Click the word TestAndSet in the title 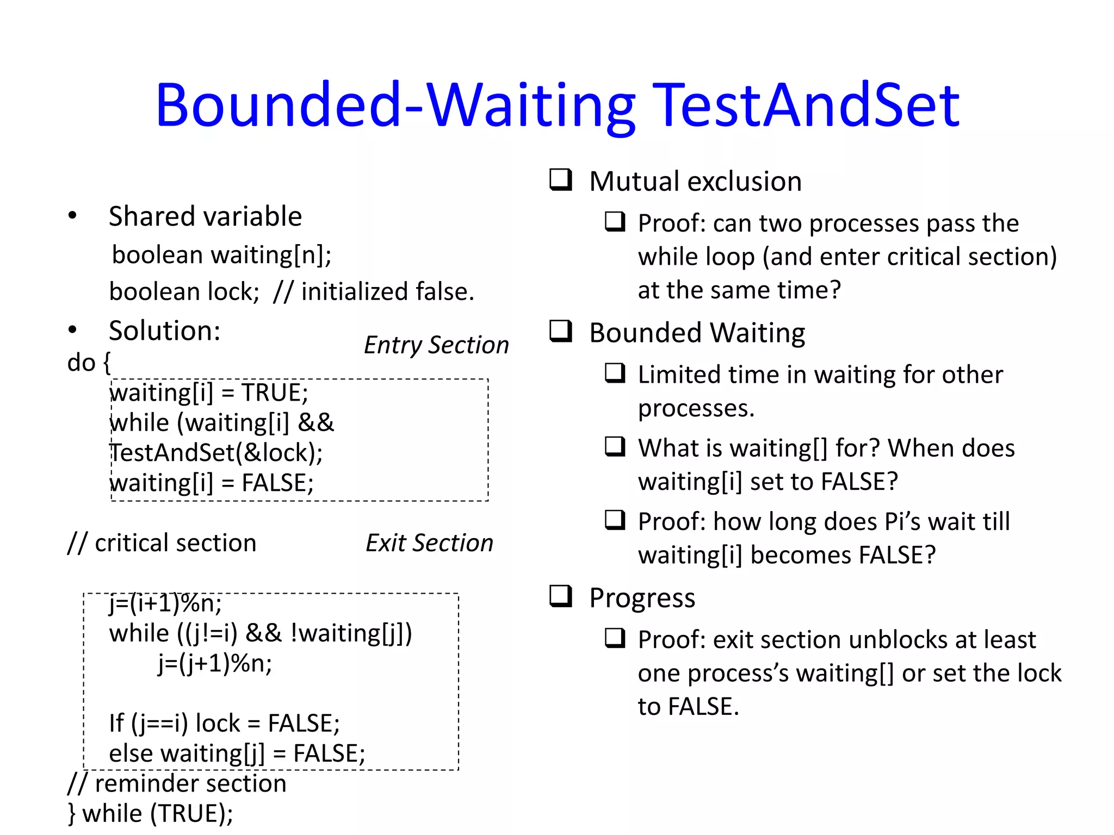(x=806, y=105)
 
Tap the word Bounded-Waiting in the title (x=395, y=105)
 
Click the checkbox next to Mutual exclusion (x=561, y=179)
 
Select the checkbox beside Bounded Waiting (x=561, y=331)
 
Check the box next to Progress (x=561, y=596)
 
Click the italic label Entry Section (x=436, y=345)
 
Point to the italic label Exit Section (x=429, y=543)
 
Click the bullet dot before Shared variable (x=72, y=216)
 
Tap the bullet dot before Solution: (x=72, y=330)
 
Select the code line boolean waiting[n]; (x=221, y=255)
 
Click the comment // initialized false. (x=374, y=292)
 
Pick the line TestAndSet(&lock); (x=216, y=453)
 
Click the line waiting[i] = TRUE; (x=209, y=392)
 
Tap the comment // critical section (x=162, y=543)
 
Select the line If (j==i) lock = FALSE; (x=224, y=724)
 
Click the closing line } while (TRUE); (x=151, y=814)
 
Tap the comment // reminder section (x=177, y=784)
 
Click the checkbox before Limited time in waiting (x=615, y=373)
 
